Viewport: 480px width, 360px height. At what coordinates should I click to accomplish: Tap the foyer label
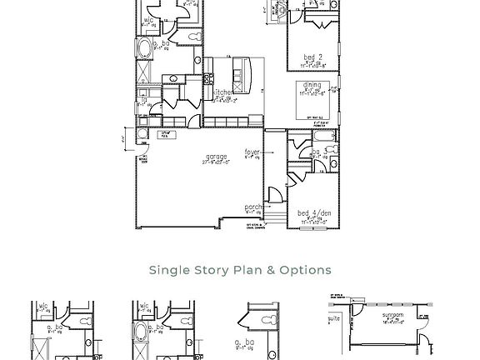252,152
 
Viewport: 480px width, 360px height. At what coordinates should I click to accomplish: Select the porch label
253,207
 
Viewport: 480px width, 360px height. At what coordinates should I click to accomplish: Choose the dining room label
312,85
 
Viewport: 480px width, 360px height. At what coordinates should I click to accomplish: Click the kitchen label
223,92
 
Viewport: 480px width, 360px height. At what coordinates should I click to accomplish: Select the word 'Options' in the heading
305,270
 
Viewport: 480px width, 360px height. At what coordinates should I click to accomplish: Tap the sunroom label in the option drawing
392,316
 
